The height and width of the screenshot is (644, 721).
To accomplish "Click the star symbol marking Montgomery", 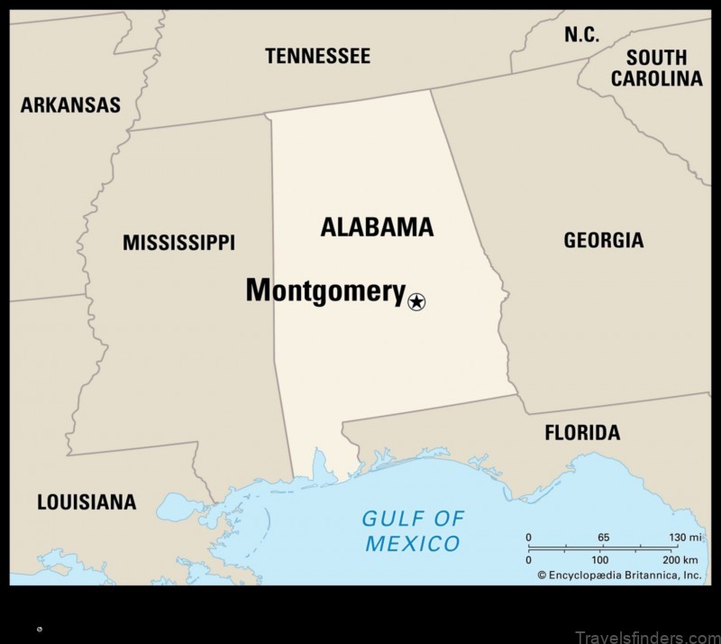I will (415, 302).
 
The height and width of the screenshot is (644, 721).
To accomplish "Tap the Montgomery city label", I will (325, 290).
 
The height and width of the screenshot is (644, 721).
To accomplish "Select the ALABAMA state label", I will (377, 227).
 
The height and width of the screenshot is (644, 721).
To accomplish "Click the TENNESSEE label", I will (317, 56).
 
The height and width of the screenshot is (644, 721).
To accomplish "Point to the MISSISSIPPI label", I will (178, 243).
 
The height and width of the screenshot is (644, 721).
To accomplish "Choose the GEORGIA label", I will (603, 240).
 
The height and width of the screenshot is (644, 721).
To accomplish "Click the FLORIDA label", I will (582, 433).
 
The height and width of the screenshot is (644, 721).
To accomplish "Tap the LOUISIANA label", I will (87, 502).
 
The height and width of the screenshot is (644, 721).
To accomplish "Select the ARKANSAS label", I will (70, 106).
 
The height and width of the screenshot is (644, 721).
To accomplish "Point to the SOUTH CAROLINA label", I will (656, 68).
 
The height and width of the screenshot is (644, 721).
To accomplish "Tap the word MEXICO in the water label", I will (412, 544).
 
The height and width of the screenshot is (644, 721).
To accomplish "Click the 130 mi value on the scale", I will (685, 538).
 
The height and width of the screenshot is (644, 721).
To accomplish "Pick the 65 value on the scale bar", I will (603, 538).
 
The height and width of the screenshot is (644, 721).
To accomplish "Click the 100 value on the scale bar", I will (600, 560).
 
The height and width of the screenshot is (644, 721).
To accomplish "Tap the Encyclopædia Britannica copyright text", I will (619, 575).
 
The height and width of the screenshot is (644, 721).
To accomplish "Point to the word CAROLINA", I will (656, 78).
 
